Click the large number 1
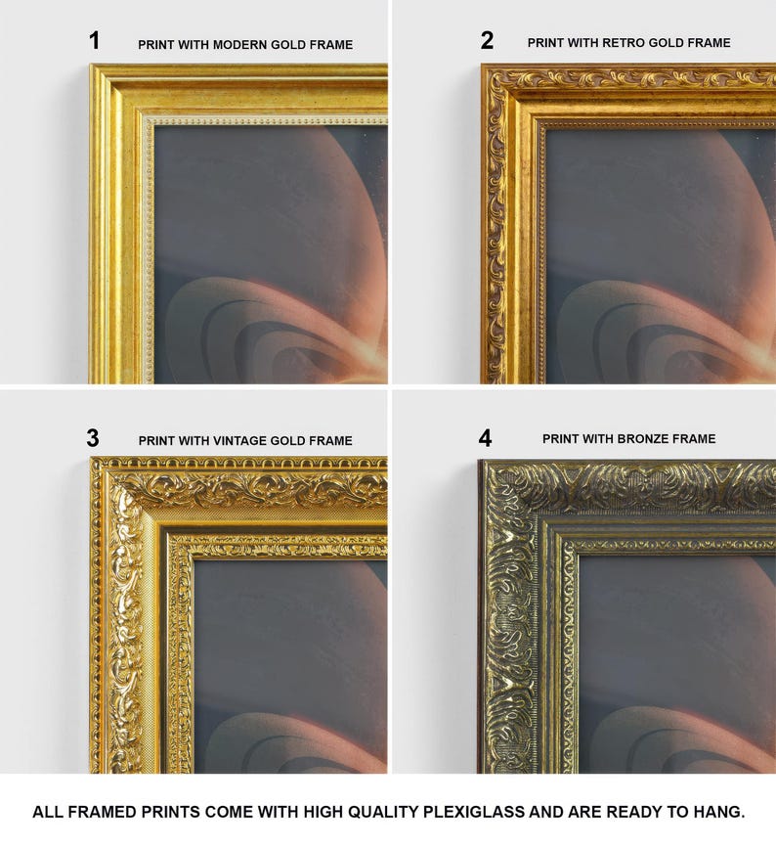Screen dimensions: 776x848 [95, 40]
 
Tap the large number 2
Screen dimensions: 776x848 [487, 40]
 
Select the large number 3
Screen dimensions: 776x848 [93, 438]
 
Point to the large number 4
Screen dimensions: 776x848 [486, 438]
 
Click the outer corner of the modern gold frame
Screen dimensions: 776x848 [90, 65]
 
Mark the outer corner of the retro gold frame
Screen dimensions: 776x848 [482, 65]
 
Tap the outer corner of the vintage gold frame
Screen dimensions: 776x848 [91, 458]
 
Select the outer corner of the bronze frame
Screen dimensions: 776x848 [479, 461]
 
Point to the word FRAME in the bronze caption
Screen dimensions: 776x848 [700, 438]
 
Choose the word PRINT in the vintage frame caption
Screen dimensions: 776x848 [156, 441]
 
